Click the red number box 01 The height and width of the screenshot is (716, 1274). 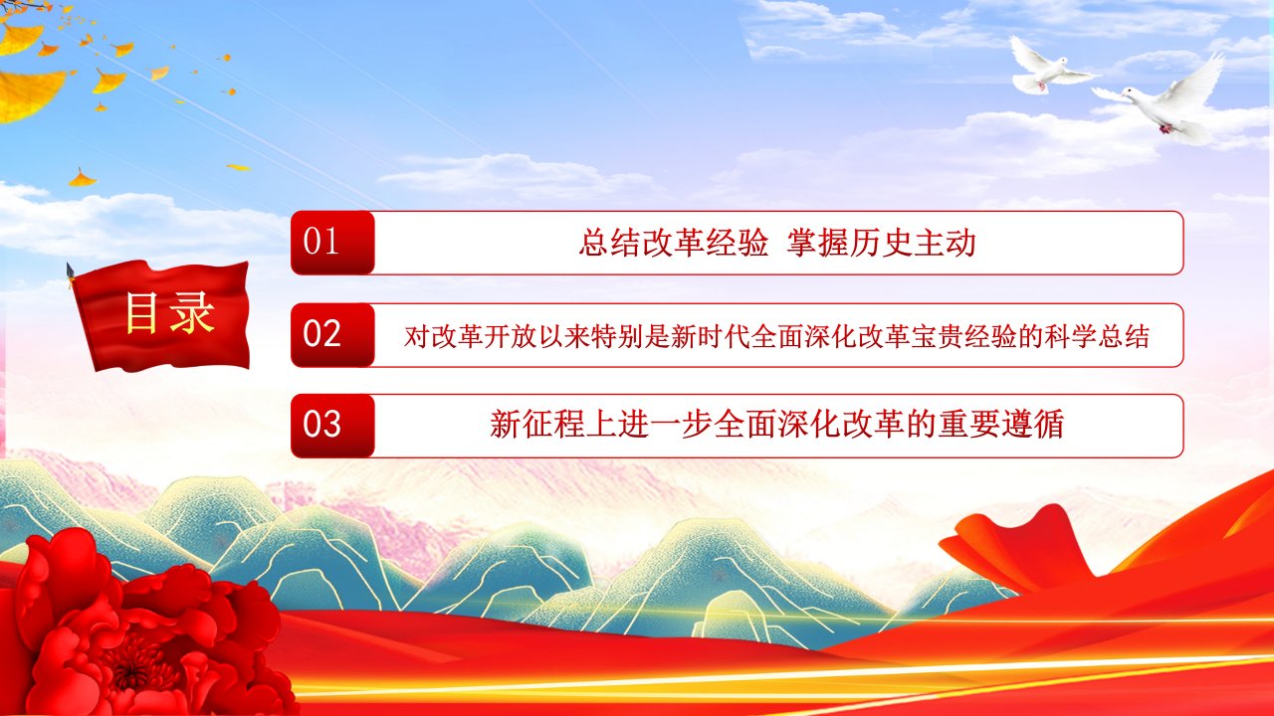(x=332, y=243)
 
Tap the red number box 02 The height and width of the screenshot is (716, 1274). (x=332, y=335)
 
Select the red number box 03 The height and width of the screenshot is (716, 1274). (x=332, y=426)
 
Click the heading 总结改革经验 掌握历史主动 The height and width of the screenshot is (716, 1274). (x=777, y=244)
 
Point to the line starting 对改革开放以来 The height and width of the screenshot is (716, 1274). (x=776, y=336)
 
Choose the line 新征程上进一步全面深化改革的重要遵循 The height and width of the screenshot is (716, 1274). (x=776, y=425)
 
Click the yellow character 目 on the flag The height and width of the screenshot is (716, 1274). (x=141, y=312)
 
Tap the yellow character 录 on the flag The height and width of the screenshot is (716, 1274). (x=192, y=312)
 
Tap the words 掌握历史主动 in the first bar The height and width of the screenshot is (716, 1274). (x=882, y=244)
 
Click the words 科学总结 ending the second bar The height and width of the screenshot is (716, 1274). (x=1096, y=336)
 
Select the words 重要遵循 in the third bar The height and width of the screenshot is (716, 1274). (x=1001, y=425)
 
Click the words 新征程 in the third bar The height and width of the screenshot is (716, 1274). (x=536, y=425)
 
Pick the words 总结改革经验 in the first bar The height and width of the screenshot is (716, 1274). (x=674, y=244)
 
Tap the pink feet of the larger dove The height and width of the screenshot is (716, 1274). (x=1165, y=128)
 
